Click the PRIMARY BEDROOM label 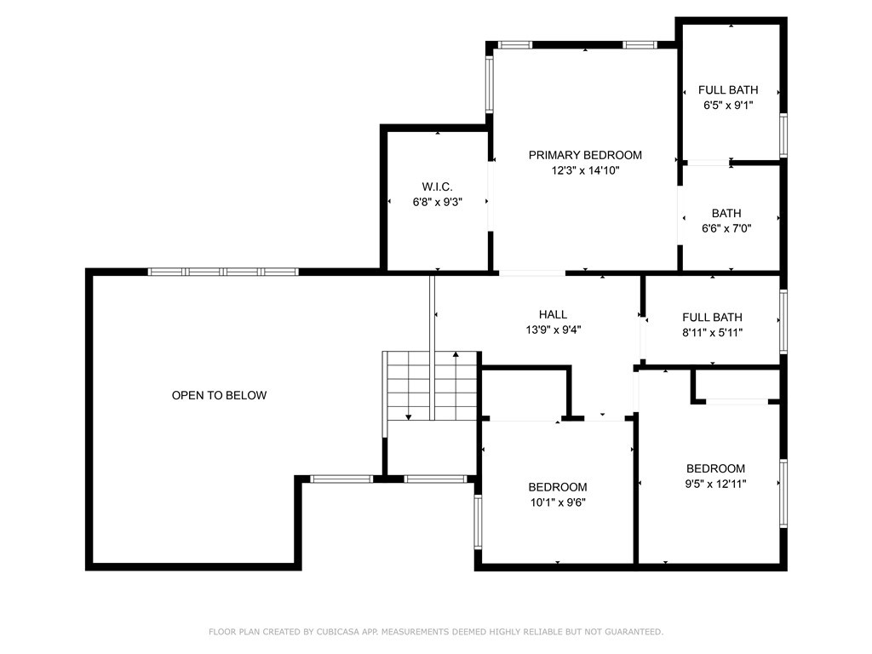tap(585, 155)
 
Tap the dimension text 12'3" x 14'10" tap(585, 170)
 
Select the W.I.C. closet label tap(437, 186)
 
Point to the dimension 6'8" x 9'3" tap(437, 202)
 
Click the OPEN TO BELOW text tap(219, 395)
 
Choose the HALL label tap(553, 314)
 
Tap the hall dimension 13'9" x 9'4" tap(553, 330)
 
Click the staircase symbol tap(431, 386)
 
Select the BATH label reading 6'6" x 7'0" tap(726, 213)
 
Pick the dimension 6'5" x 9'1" tap(728, 106)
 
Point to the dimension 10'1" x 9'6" tap(558, 502)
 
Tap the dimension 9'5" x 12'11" tap(715, 484)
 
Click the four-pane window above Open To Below tap(222, 272)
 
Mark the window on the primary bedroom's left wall tap(489, 84)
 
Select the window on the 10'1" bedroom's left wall tap(478, 520)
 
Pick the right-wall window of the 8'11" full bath tap(783, 321)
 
